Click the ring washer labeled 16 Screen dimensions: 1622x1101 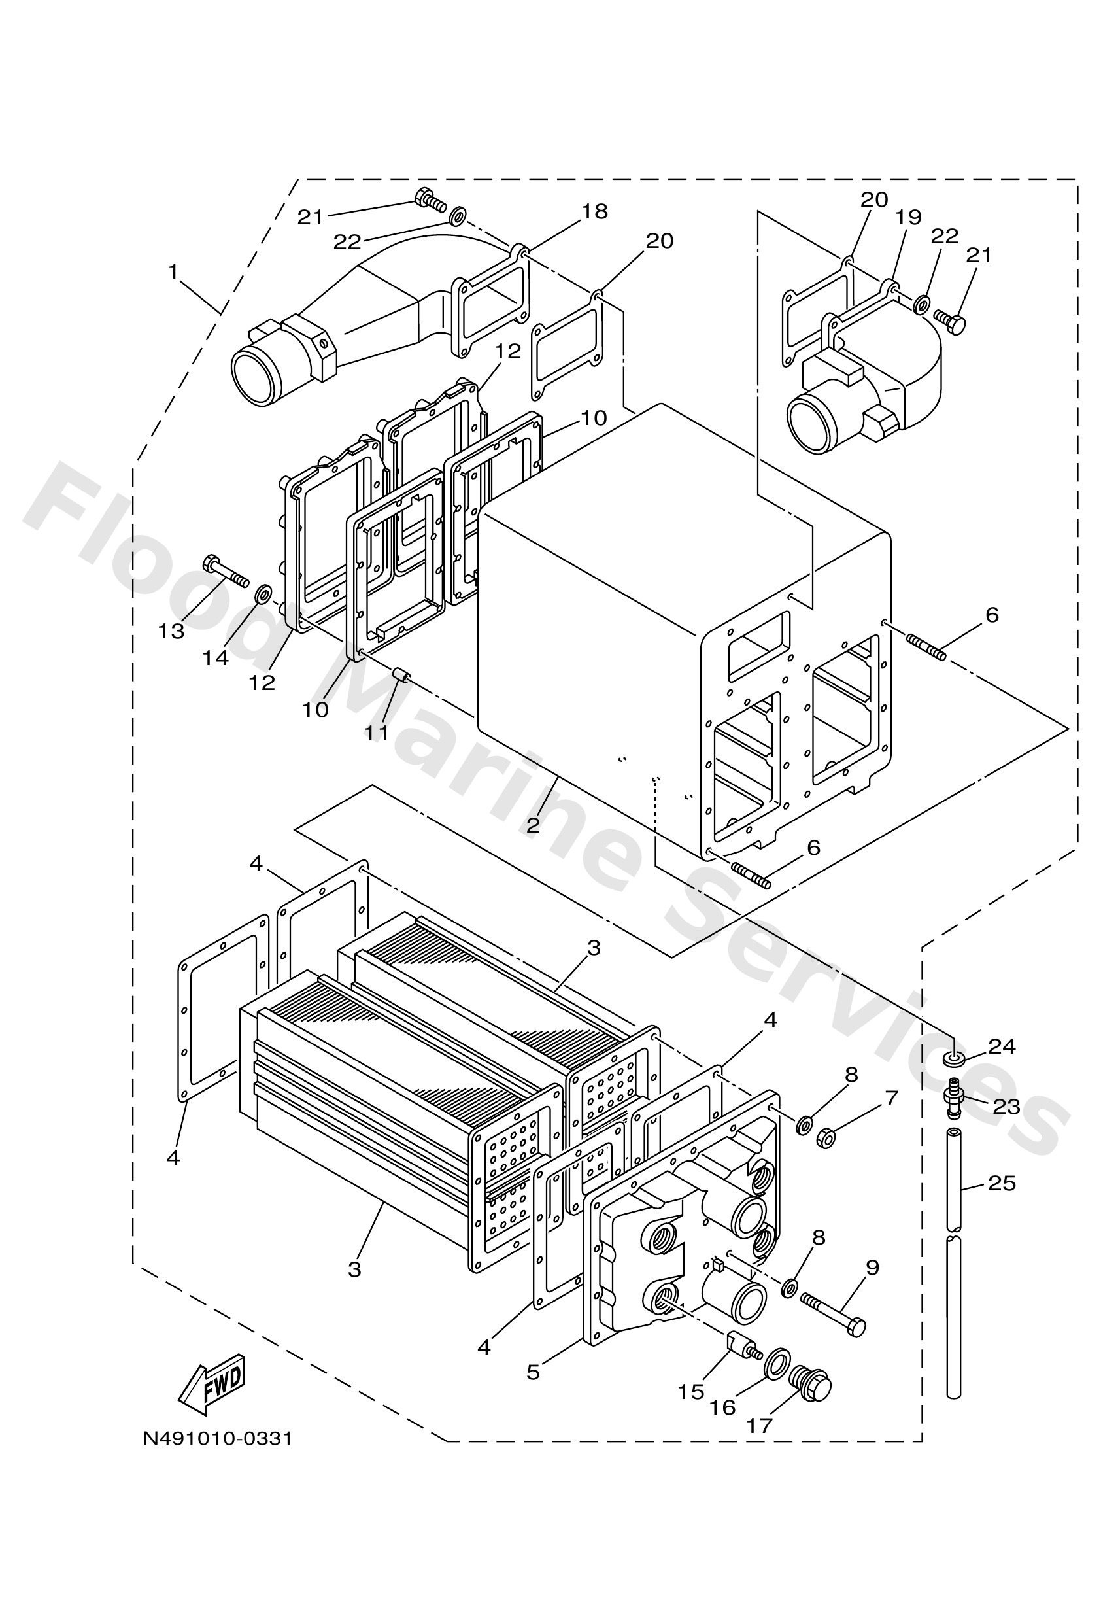click(x=777, y=1363)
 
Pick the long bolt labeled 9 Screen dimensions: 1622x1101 click(x=836, y=1314)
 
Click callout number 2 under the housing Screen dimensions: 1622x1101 click(x=533, y=825)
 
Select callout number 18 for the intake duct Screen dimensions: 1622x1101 click(x=594, y=211)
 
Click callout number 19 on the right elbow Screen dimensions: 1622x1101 click(x=909, y=217)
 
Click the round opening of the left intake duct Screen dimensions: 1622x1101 click(x=256, y=377)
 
